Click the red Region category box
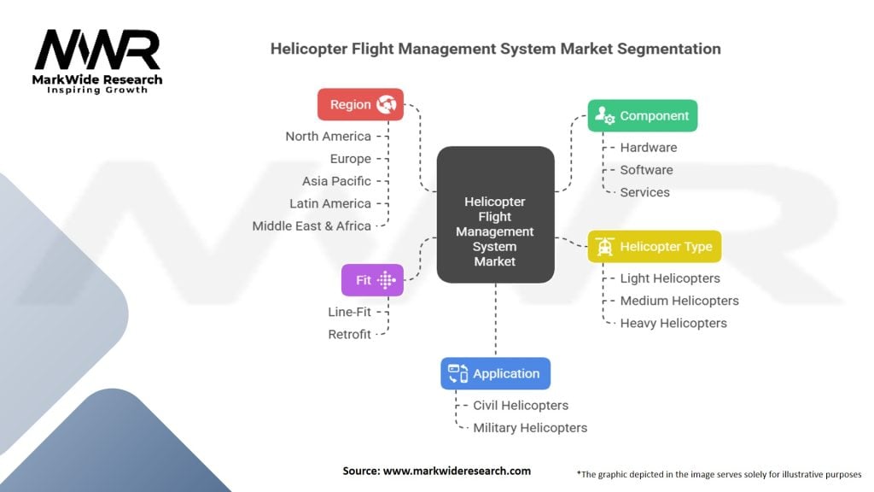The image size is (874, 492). (x=360, y=104)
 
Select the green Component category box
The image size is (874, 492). (x=642, y=115)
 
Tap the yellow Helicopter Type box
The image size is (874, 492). (x=655, y=247)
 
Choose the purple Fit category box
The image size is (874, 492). (x=372, y=279)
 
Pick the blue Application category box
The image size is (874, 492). (x=495, y=373)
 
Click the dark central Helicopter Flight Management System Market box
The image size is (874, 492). (x=495, y=215)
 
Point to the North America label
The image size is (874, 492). (x=328, y=136)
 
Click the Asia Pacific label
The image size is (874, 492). (x=336, y=181)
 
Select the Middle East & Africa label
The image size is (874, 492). (x=312, y=225)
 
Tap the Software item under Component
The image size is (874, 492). (x=646, y=170)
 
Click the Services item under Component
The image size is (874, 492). (x=644, y=192)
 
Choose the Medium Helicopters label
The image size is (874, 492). (x=679, y=301)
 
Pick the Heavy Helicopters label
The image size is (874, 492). (x=673, y=323)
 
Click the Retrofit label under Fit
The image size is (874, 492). (x=349, y=334)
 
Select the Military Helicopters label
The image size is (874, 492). (x=530, y=427)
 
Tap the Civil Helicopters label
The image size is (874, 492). (x=521, y=405)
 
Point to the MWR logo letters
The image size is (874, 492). (x=97, y=51)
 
